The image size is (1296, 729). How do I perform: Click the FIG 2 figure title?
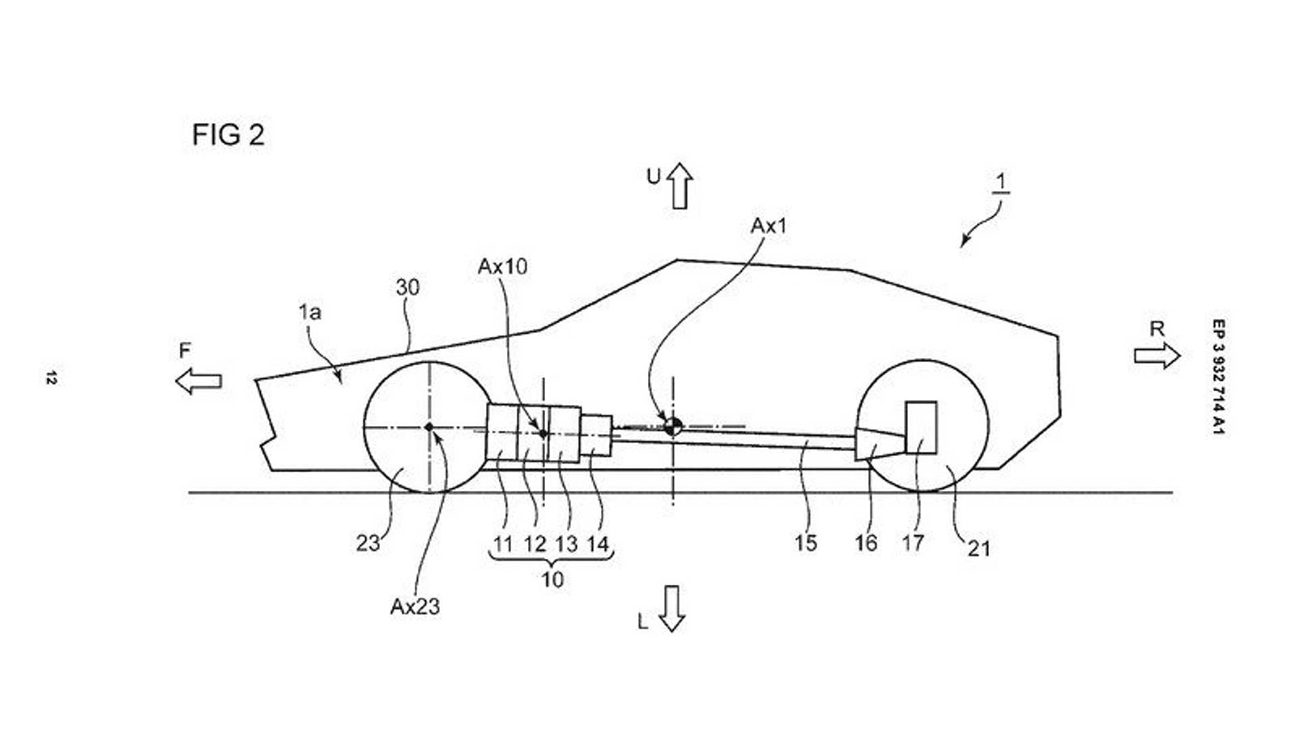[x=228, y=134]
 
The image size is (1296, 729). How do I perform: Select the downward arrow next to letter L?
[x=671, y=608]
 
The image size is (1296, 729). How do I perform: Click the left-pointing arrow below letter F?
[x=198, y=380]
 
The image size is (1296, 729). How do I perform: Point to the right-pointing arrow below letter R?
[x=1157, y=356]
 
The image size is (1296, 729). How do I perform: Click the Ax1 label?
[x=768, y=226]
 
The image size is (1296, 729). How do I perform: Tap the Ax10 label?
[x=502, y=266]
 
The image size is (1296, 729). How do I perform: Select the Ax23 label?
[x=415, y=607]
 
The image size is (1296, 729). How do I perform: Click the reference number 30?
[x=407, y=288]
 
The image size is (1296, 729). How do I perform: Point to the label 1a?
[x=309, y=312]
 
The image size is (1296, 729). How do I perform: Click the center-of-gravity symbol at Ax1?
[x=672, y=425]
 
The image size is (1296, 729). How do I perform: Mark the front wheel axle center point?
[x=429, y=427]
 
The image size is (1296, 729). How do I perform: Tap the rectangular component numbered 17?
[x=921, y=427]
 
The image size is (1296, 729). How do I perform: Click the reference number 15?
[x=806, y=543]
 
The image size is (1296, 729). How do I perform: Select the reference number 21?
[x=978, y=548]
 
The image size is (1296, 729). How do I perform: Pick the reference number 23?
[x=368, y=543]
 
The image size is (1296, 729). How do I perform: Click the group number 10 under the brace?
[x=552, y=580]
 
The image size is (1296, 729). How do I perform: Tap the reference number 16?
[x=866, y=543]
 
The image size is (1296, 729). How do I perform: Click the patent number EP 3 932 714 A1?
[x=1217, y=377]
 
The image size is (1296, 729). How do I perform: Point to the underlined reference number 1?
[x=1002, y=182]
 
